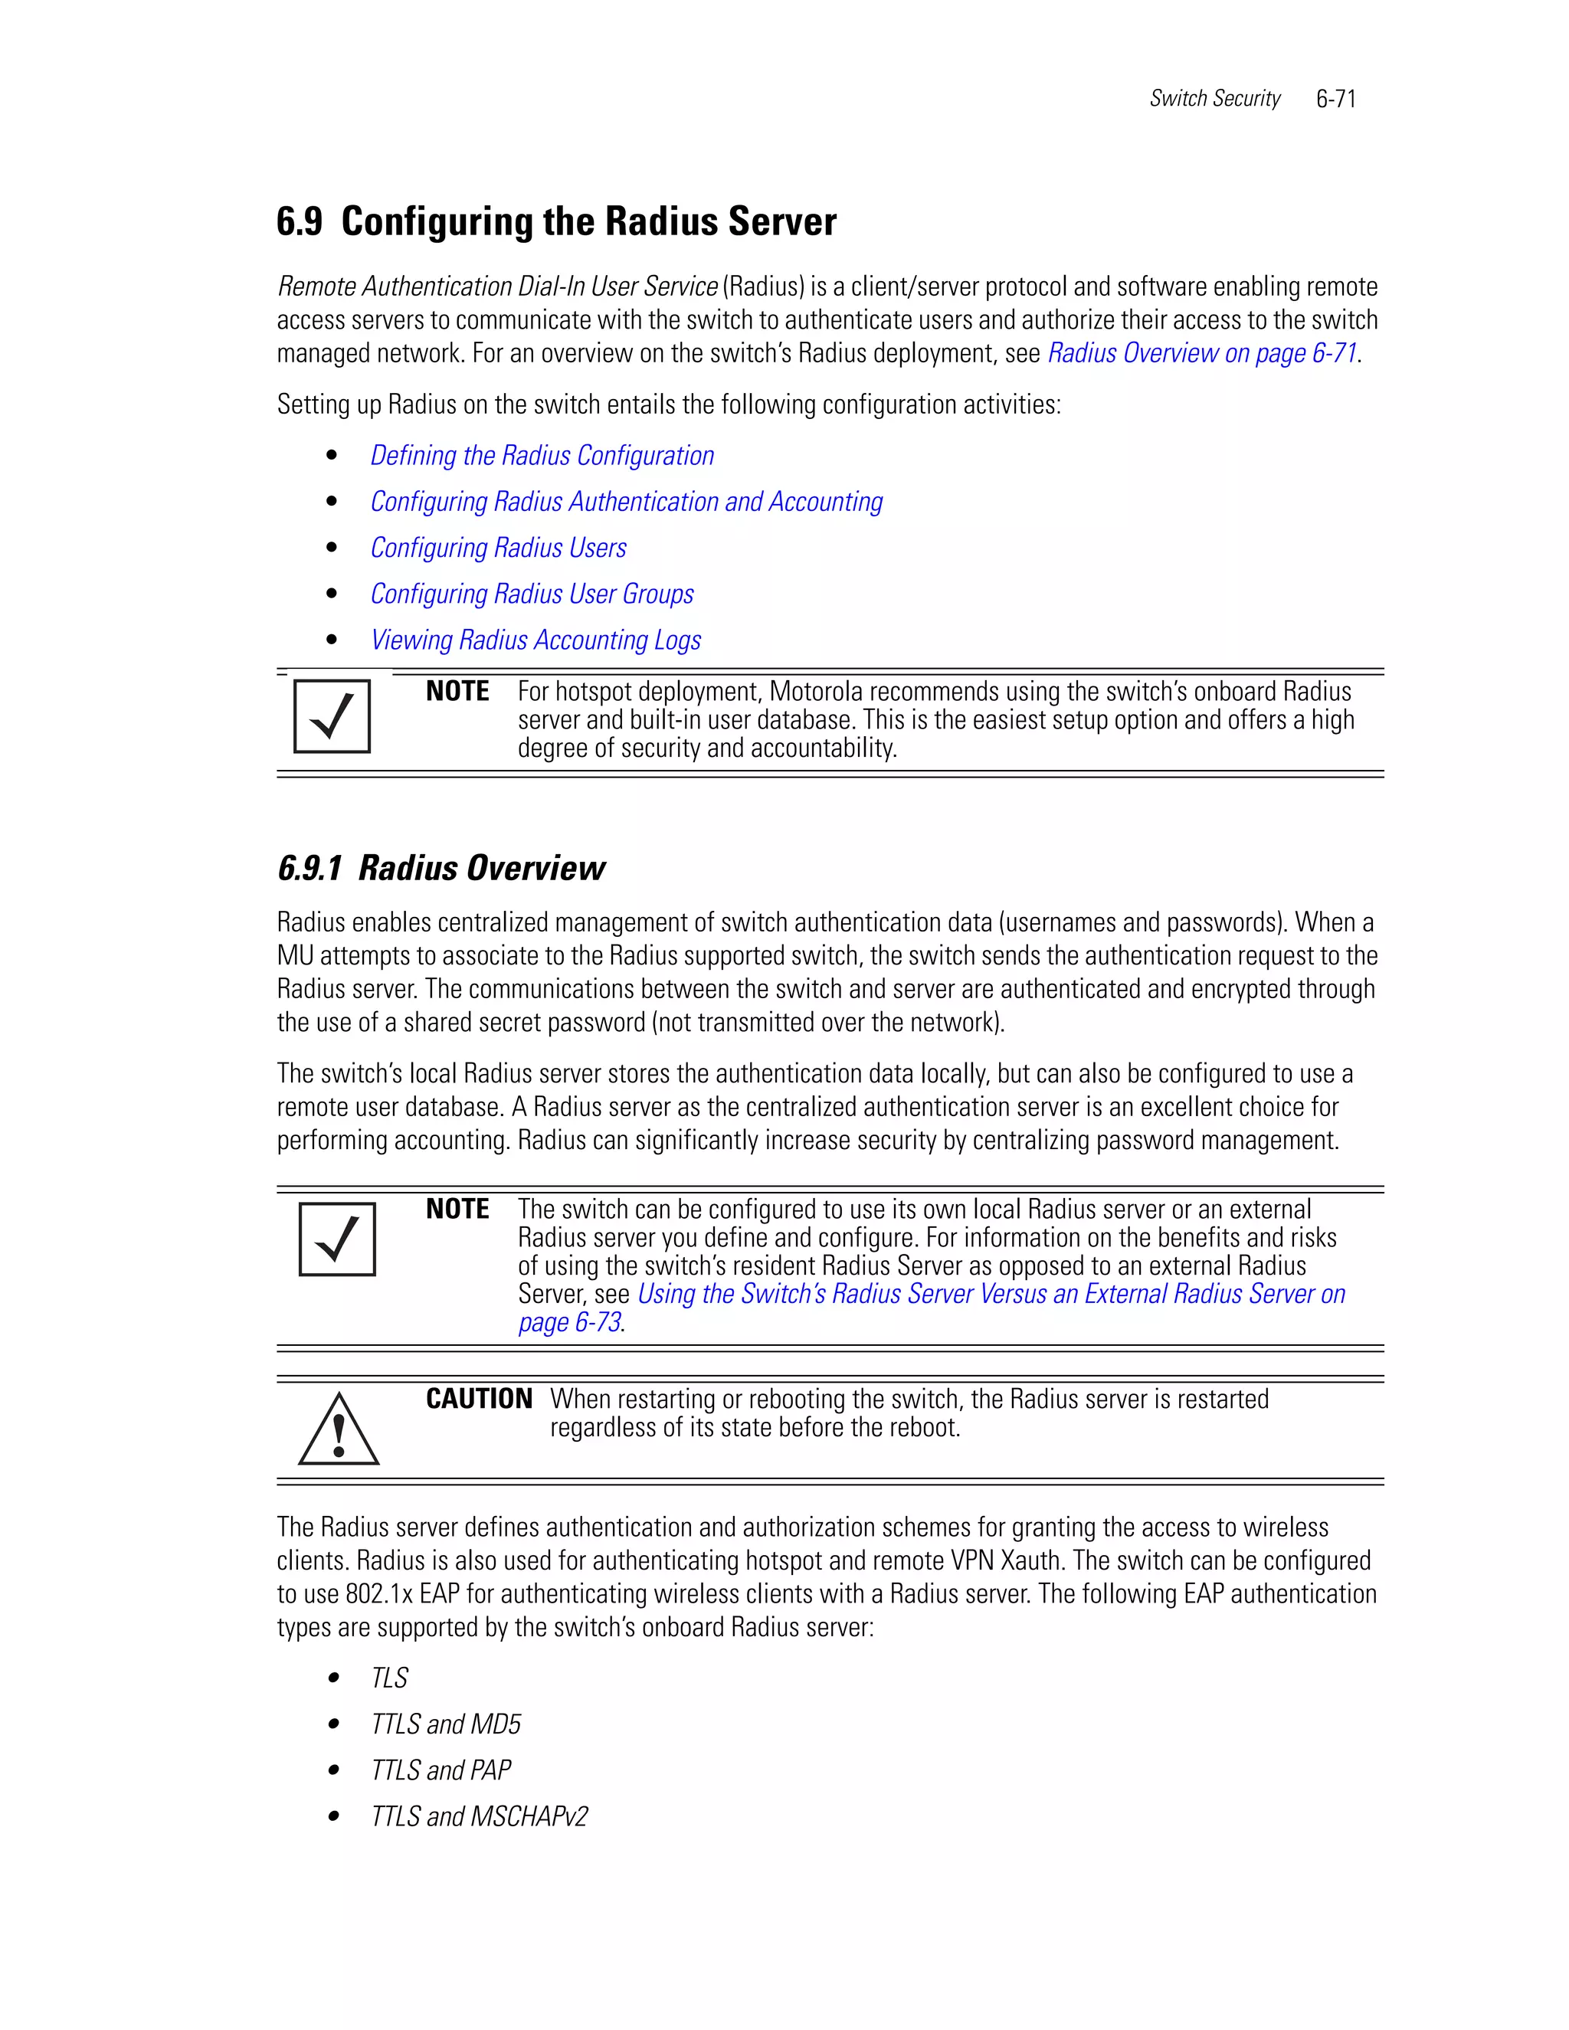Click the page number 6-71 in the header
(1335, 100)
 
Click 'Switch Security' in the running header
(1214, 99)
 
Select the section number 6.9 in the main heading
(300, 222)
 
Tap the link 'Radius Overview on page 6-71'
(1202, 353)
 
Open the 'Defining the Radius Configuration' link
(542, 456)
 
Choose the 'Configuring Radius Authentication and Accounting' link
(627, 502)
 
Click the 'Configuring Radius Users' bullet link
(498, 548)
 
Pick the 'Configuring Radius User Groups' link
(532, 594)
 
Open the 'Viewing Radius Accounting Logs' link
(536, 640)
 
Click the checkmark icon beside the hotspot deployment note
(332, 715)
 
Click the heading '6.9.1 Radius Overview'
(441, 868)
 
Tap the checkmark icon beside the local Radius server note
(336, 1239)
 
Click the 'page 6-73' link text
(569, 1323)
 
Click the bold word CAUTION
(479, 1399)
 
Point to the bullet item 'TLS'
(389, 1678)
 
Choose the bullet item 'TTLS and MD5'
(445, 1724)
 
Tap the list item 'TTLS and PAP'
(441, 1770)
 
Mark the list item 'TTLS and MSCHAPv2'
(479, 1816)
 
